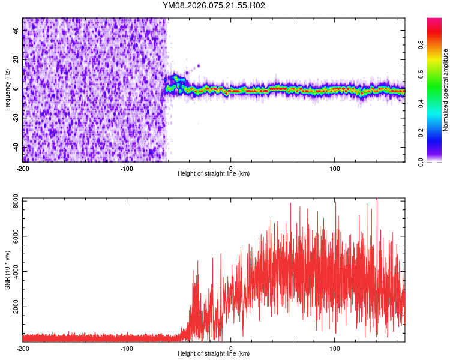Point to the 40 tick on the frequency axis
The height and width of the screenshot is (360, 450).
pyautogui.click(x=16, y=31)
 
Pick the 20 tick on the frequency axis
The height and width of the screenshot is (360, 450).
pyautogui.click(x=16, y=59)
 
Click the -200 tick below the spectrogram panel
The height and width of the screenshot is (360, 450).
pyautogui.click(x=23, y=167)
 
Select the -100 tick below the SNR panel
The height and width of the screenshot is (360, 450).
pyautogui.click(x=127, y=348)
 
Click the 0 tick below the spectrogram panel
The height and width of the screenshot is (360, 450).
pyautogui.click(x=231, y=167)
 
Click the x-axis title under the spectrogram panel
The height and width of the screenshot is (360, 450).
pyautogui.click(x=214, y=173)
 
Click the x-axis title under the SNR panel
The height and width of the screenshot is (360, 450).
pyautogui.click(x=214, y=354)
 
